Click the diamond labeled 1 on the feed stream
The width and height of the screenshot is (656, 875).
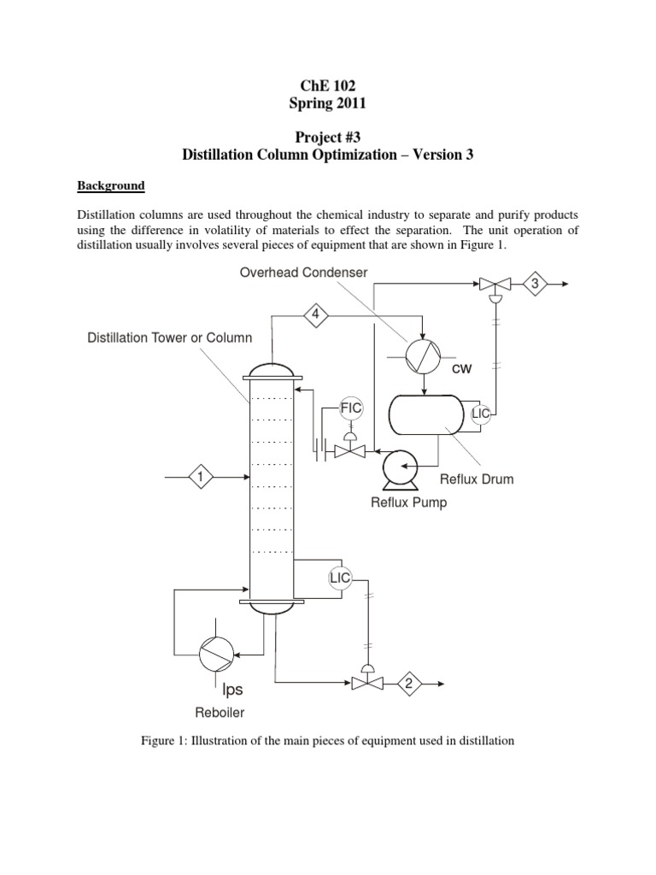tap(201, 476)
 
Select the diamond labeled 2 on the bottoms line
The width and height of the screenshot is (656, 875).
tap(408, 683)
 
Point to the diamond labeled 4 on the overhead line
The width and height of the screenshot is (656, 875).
tap(316, 315)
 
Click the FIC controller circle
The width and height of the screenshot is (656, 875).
tap(352, 408)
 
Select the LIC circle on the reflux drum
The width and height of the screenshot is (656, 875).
tap(482, 414)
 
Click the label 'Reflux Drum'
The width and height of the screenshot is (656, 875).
tap(477, 479)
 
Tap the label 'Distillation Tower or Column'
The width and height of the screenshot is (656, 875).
tap(170, 338)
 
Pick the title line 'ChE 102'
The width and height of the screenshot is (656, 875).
tap(327, 85)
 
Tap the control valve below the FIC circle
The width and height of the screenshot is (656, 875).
tap(349, 449)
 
